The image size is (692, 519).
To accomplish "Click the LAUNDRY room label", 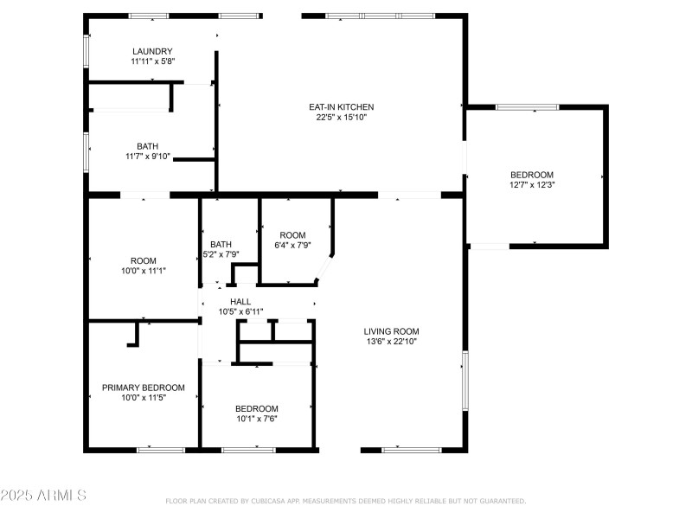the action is click(x=152, y=51).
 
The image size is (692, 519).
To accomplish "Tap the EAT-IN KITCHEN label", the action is click(x=341, y=106).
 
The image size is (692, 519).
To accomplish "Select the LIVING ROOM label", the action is click(x=391, y=331).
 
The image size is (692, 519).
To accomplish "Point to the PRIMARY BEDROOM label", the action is click(x=143, y=388).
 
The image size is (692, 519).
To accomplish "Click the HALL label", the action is click(x=240, y=301).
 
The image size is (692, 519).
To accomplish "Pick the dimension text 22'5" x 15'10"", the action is click(x=341, y=118).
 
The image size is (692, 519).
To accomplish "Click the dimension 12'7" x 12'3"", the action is click(x=532, y=185).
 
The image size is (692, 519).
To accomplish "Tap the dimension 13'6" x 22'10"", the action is click(x=391, y=341).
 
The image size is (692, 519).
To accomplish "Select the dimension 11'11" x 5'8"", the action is click(x=152, y=61).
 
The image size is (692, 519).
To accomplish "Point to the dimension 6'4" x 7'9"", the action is click(x=292, y=246).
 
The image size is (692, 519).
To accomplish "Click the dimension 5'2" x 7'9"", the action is click(x=221, y=254).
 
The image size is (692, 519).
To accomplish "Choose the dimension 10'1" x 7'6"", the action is click(x=256, y=419).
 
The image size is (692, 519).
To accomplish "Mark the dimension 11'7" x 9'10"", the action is click(x=147, y=157).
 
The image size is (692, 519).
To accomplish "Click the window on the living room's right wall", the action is click(x=465, y=381).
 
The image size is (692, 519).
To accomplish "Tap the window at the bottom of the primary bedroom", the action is click(x=161, y=450).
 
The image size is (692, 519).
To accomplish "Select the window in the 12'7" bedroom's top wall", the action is click(x=528, y=107).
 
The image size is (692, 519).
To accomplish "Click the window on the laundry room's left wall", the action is click(x=86, y=51).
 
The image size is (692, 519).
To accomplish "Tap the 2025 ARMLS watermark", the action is click(x=43, y=495).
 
